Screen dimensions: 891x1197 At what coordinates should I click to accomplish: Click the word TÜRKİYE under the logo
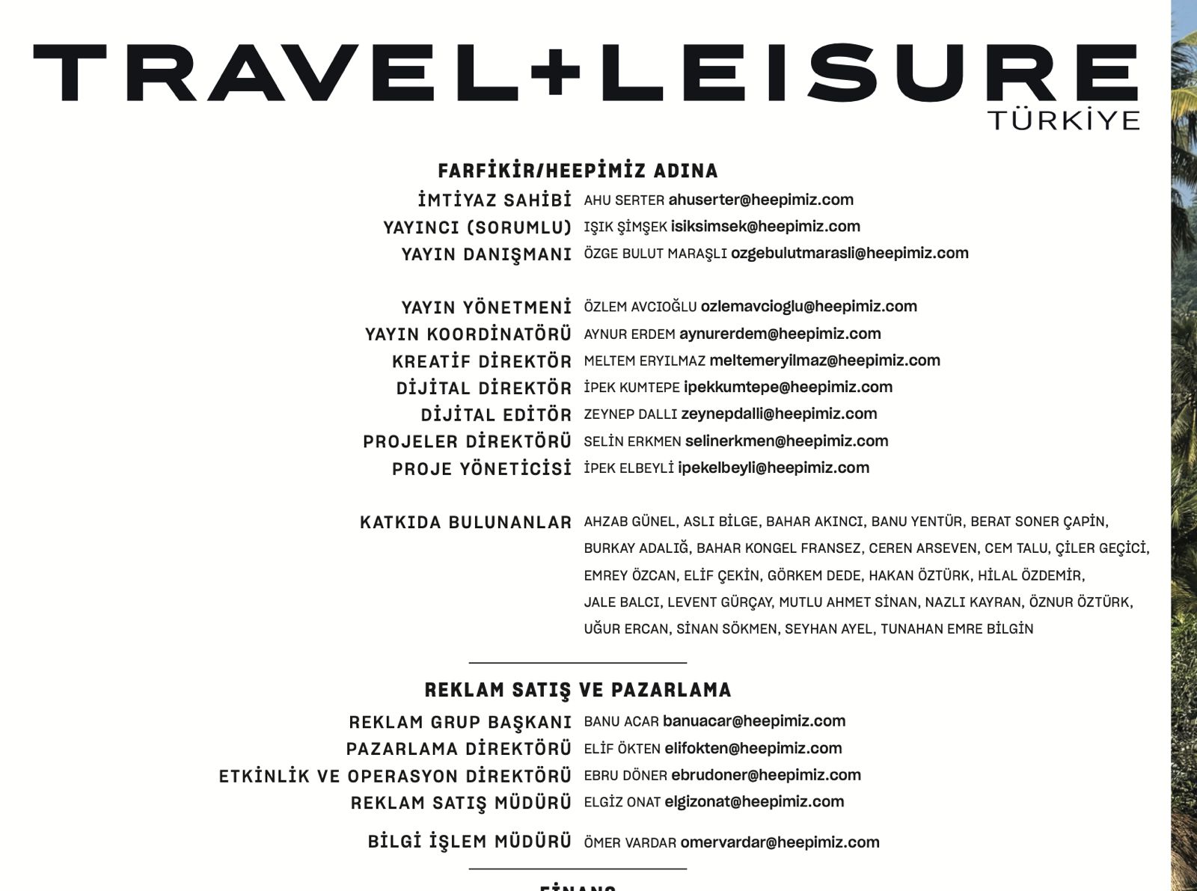tap(1063, 120)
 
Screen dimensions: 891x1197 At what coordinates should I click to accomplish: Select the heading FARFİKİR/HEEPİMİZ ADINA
tap(578, 171)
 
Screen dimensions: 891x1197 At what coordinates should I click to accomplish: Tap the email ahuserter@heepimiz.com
tap(761, 200)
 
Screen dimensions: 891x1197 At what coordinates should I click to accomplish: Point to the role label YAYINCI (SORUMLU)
tap(477, 227)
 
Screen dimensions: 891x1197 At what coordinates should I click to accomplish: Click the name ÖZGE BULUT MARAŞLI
tap(655, 254)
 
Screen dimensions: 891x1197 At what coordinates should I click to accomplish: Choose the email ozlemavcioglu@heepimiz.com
tap(809, 306)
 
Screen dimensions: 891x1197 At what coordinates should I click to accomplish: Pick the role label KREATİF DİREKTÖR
tap(482, 361)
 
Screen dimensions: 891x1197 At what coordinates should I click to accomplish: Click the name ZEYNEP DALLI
tap(630, 414)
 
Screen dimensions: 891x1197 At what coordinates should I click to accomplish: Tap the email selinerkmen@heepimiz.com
tap(786, 441)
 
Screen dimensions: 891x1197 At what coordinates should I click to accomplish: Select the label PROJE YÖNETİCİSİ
tap(482, 468)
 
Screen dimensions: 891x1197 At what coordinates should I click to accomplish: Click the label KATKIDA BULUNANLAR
tap(465, 522)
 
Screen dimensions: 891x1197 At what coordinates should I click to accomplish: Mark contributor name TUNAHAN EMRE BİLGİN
tap(957, 628)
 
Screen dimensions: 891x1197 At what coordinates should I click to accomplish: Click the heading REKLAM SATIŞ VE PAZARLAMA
tap(578, 690)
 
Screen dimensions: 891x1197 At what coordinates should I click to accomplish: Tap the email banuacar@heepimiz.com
tap(754, 721)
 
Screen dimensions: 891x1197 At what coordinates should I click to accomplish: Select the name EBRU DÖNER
tap(625, 775)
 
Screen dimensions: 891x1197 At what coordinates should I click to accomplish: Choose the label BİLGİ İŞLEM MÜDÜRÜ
tap(470, 842)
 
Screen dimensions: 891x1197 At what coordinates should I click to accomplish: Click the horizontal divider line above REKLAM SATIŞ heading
tap(578, 663)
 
